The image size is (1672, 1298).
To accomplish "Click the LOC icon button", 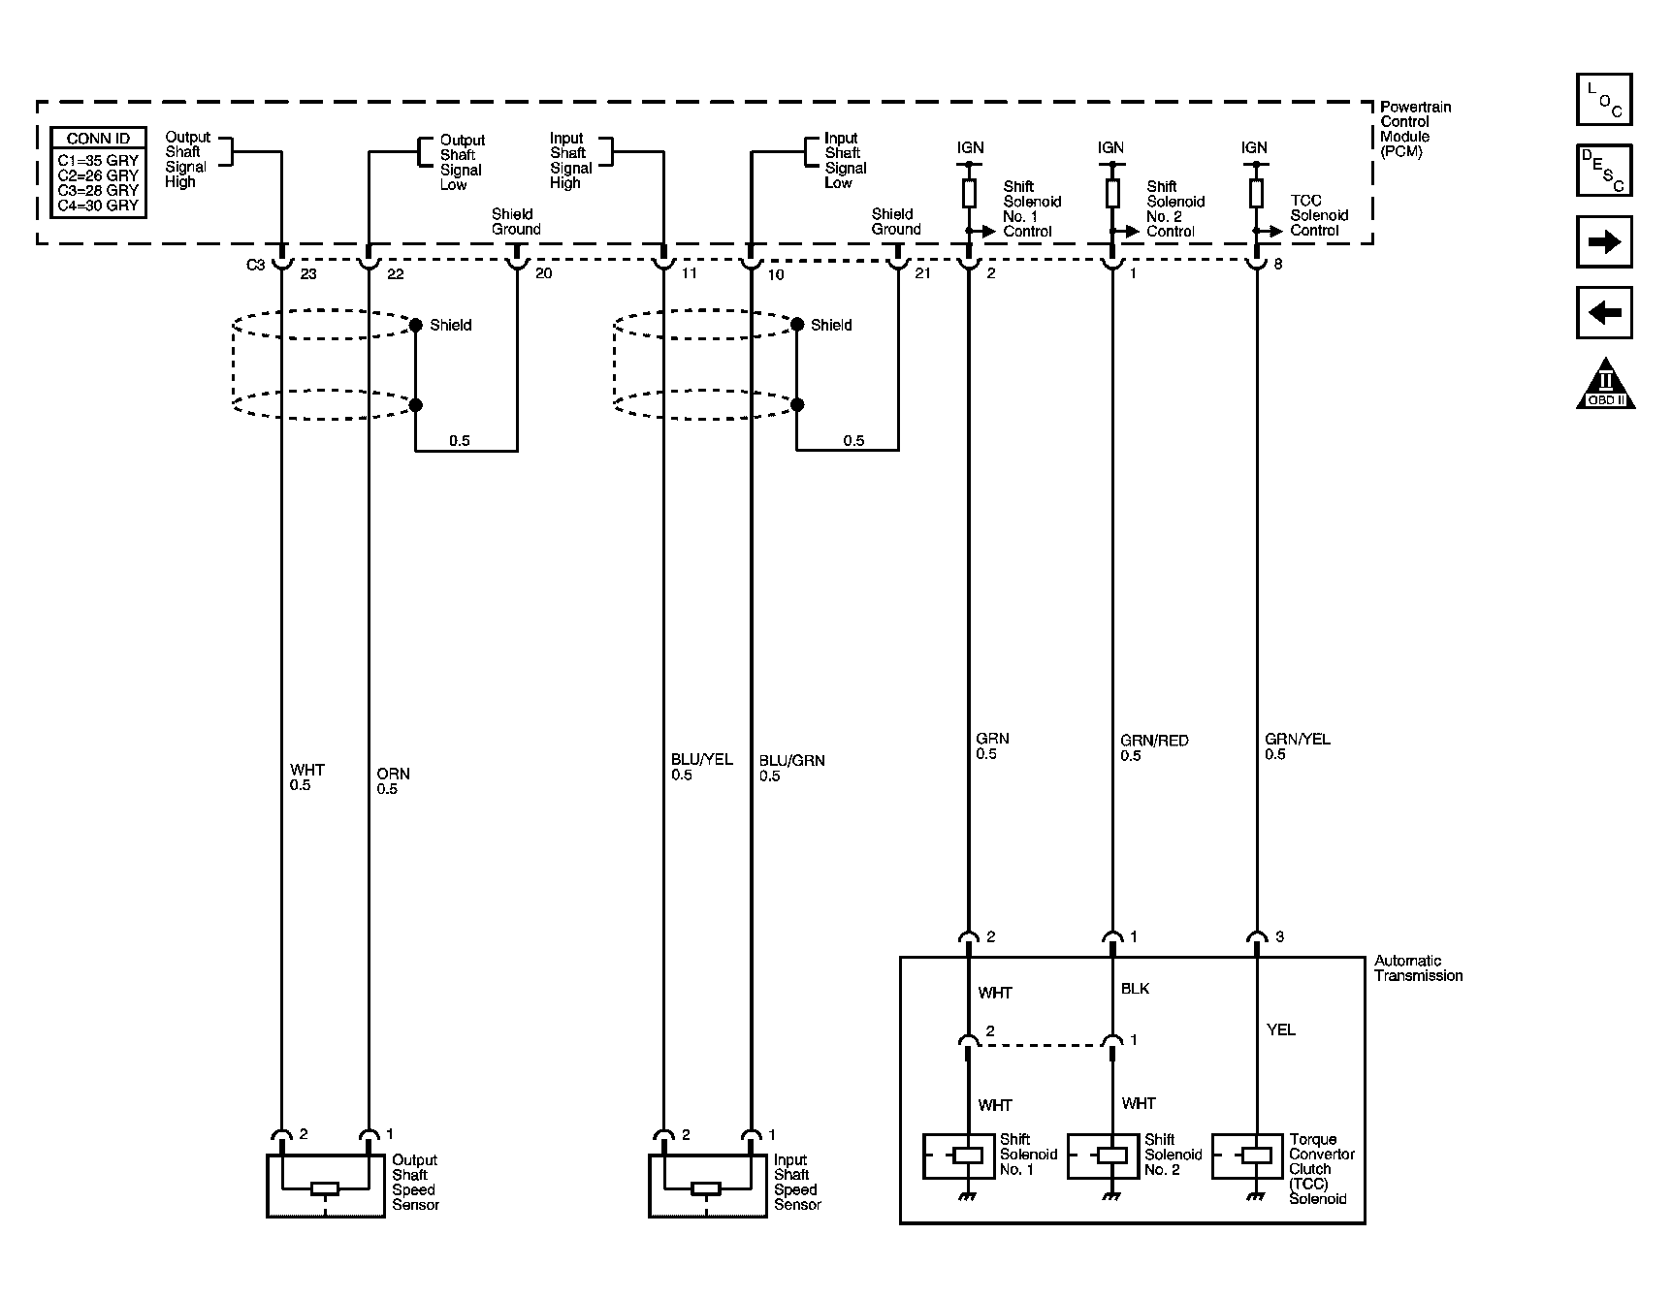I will (1604, 100).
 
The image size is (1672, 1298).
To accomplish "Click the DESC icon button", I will (1604, 171).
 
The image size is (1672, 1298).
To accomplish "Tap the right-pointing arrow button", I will (1604, 241).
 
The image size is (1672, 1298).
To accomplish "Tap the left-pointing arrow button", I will (1604, 312).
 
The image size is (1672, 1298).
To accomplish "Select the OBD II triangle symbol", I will (1605, 385).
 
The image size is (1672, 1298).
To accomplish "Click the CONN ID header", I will (98, 139).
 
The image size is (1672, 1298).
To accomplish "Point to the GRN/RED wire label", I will (1153, 741).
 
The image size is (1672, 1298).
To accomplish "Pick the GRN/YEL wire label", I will (1297, 739).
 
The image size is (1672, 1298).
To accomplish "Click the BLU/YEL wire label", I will (701, 760).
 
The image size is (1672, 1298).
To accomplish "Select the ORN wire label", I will (393, 774).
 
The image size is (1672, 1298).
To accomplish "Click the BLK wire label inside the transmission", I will (1135, 989).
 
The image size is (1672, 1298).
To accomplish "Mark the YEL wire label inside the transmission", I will (1280, 1029).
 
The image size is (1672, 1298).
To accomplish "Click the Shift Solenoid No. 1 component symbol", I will (967, 1156).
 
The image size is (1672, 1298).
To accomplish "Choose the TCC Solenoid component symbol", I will (1256, 1156).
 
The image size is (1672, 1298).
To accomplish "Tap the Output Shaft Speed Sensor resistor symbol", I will (324, 1189).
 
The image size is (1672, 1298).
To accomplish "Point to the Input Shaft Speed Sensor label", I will (796, 1182).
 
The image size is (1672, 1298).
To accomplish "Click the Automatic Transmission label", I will (1417, 968).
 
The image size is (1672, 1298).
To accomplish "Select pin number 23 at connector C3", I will (308, 274).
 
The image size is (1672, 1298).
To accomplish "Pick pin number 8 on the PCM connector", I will (1278, 264).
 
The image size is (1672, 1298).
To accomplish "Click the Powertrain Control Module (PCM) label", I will (1415, 129).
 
